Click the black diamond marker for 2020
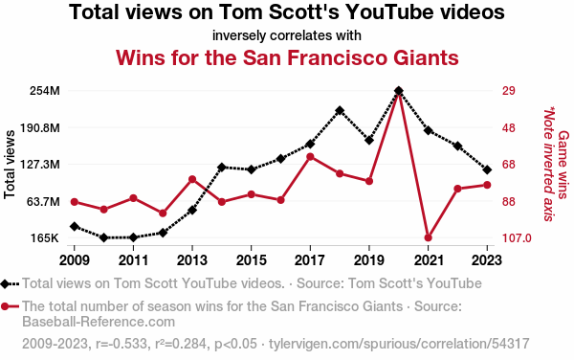tap(399, 90)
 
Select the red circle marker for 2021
tap(428, 237)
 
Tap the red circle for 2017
tap(310, 157)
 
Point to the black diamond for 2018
tap(340, 110)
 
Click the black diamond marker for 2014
tap(222, 168)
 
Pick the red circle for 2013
tap(192, 179)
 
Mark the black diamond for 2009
tap(75, 226)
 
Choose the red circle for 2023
tap(487, 185)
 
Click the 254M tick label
tap(45, 91)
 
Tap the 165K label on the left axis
tap(45, 238)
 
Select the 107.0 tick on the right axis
tap(517, 238)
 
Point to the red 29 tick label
tap(509, 91)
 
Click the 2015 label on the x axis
tap(251, 260)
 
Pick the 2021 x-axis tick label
tap(429, 260)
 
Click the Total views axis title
tap(10, 165)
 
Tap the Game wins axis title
tap(563, 165)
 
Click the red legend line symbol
tap(10, 306)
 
